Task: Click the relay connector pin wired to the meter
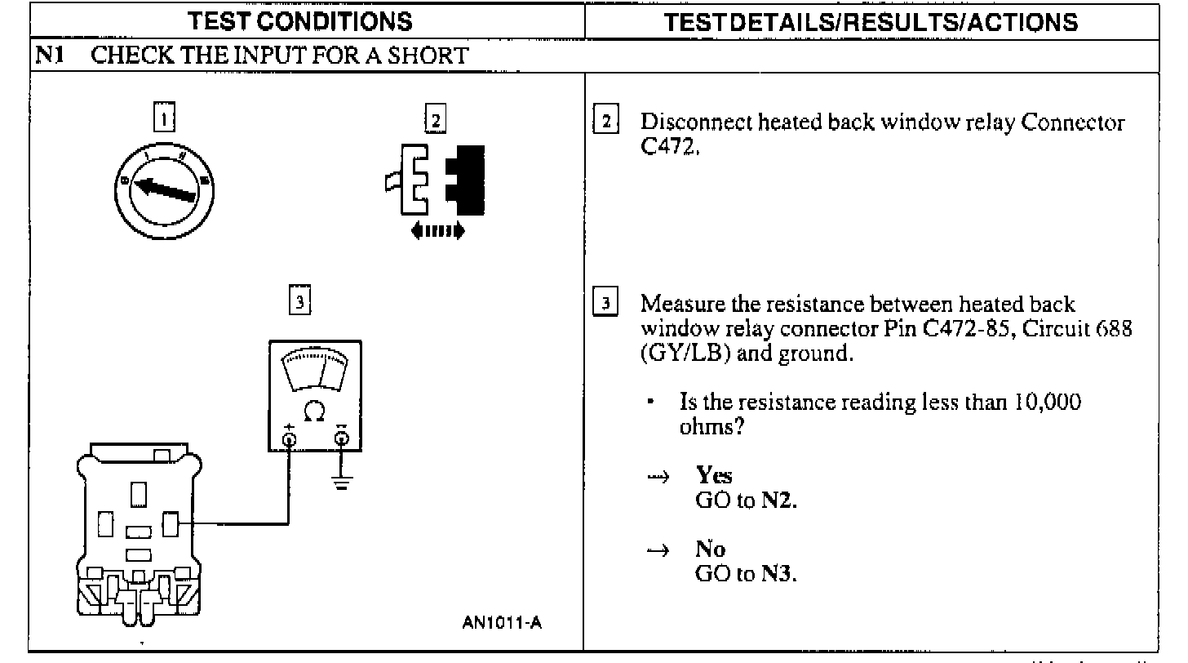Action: [171, 523]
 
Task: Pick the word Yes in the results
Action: [714, 476]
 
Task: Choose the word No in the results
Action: [710, 550]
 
